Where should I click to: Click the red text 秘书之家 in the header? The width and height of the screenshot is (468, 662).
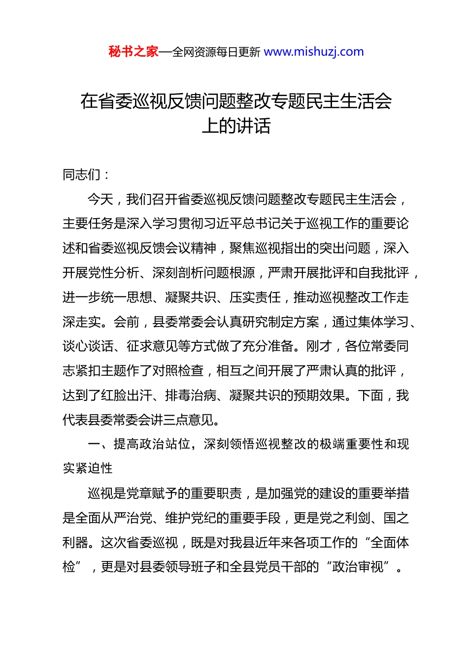click(134, 52)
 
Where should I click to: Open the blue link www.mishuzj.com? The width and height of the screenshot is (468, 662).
click(314, 52)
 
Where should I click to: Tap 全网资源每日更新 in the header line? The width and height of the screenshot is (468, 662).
click(216, 52)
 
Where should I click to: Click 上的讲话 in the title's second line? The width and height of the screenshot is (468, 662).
click(236, 126)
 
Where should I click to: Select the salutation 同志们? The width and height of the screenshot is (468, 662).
click(82, 175)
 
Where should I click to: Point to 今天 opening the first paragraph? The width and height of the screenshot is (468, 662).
click(100, 199)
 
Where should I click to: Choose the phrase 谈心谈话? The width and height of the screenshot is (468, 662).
click(88, 346)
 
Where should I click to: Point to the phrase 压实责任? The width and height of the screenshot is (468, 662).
click(255, 298)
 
